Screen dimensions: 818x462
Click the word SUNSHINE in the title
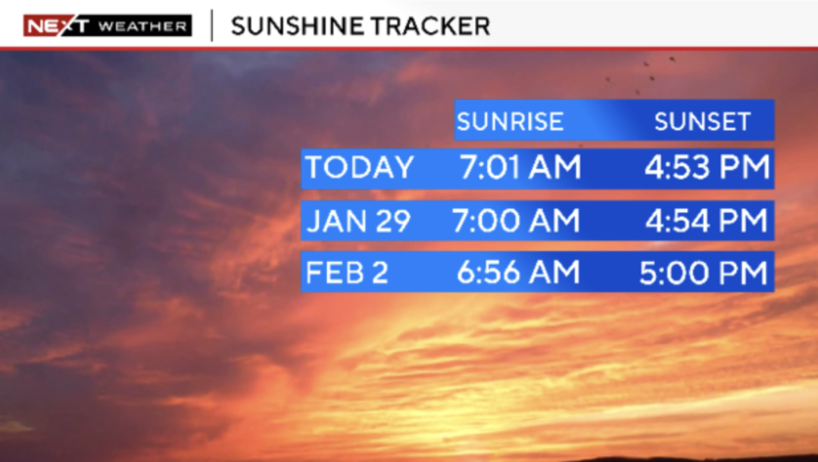[294, 26]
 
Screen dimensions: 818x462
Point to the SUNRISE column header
[510, 121]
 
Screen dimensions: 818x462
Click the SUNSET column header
[703, 121]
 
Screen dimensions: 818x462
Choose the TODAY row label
[360, 167]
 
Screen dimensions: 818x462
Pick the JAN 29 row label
[358, 220]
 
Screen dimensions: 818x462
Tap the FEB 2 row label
[347, 272]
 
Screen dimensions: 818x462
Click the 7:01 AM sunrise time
[520, 167]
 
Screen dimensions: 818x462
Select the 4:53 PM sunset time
[707, 167]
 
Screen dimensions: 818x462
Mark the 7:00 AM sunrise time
[516, 220]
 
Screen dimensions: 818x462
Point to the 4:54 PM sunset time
[707, 220]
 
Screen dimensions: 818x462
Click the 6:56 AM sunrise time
[518, 272]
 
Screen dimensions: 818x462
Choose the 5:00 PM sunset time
[704, 272]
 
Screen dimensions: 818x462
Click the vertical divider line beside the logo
[212, 26]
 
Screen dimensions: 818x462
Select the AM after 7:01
[554, 167]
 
